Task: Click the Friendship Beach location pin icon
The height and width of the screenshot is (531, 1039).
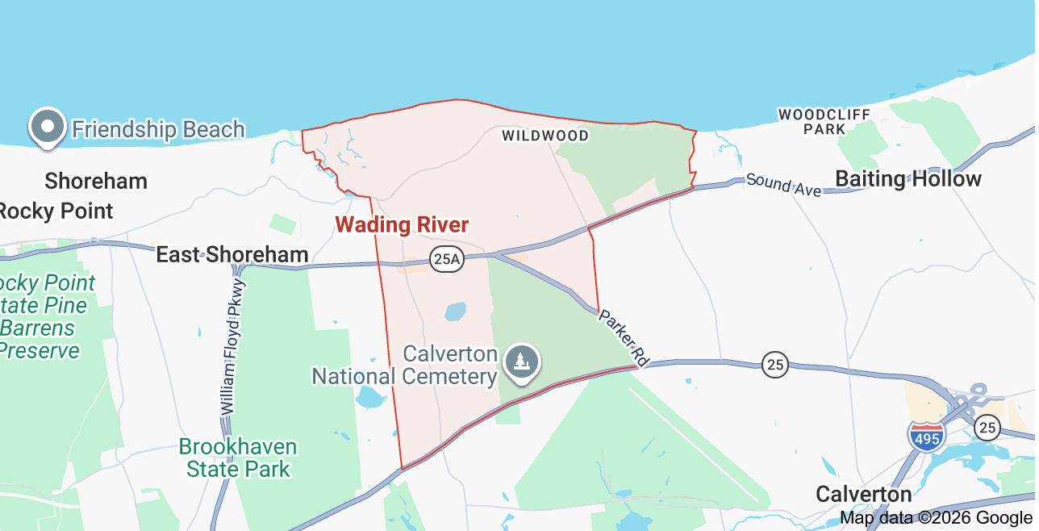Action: click(x=48, y=127)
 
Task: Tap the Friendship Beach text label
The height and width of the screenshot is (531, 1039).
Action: click(x=158, y=129)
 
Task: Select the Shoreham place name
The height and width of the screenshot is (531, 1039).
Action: click(x=96, y=181)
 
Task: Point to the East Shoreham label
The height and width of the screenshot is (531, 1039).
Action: click(x=232, y=255)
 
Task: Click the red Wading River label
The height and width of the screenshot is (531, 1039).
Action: click(x=402, y=224)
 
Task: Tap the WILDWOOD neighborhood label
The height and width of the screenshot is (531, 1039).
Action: click(x=545, y=136)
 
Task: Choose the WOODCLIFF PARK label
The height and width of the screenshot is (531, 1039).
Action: click(x=824, y=122)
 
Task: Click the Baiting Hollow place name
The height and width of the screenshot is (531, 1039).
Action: click(x=908, y=179)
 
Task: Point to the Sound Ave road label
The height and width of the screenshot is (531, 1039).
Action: click(x=783, y=184)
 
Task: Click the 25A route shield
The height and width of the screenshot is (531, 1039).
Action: click(x=446, y=259)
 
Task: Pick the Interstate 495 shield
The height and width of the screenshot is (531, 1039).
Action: click(x=926, y=437)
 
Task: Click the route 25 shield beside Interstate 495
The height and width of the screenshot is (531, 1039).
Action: click(x=987, y=427)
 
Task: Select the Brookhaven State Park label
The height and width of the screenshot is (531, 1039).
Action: click(x=238, y=458)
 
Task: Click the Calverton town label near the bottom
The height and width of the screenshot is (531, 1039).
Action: click(x=863, y=494)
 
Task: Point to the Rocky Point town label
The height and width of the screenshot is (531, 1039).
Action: click(x=55, y=211)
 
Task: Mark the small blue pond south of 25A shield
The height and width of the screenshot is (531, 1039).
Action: click(x=456, y=311)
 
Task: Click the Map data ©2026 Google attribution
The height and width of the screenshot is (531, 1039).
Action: click(x=936, y=518)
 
